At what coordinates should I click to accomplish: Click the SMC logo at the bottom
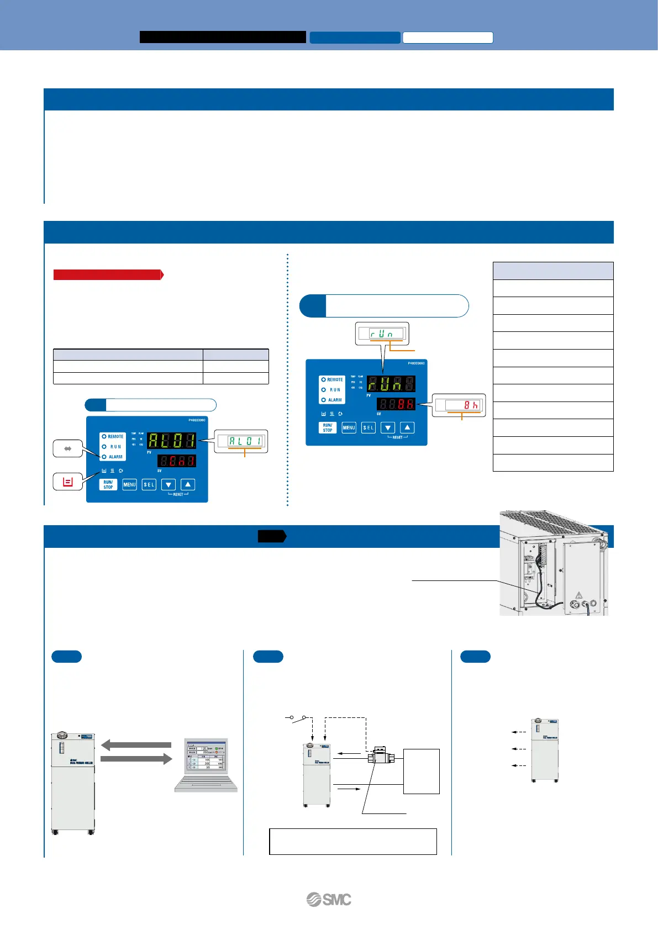click(x=329, y=900)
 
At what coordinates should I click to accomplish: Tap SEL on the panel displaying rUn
click(x=368, y=427)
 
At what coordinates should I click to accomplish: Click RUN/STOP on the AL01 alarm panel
click(x=108, y=484)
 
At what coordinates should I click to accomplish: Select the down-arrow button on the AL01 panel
click(x=169, y=484)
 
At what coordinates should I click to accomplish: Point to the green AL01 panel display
click(x=172, y=440)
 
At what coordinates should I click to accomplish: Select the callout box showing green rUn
click(x=381, y=334)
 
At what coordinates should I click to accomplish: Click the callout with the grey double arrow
click(x=68, y=449)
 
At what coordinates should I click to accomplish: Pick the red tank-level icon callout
click(x=68, y=482)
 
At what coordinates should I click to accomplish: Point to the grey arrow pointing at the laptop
click(x=136, y=759)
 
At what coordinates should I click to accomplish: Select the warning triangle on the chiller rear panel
click(x=579, y=595)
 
